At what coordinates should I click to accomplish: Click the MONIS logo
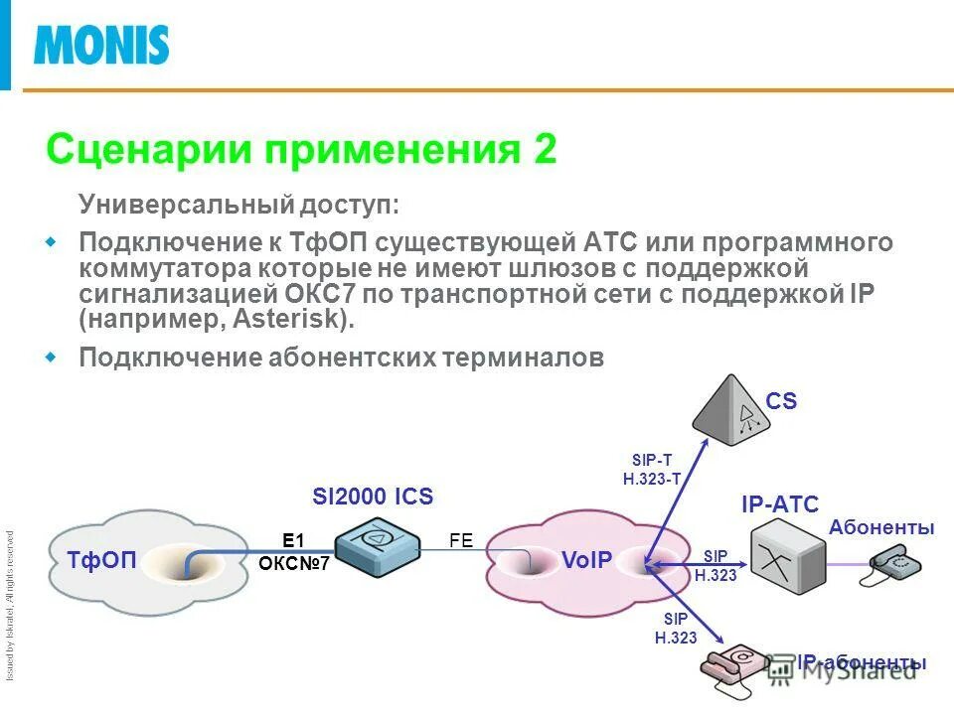coord(101,45)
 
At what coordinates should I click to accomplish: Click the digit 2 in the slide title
coord(545,150)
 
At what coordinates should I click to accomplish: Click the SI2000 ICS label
coord(373,497)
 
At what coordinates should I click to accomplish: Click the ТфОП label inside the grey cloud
coord(102,559)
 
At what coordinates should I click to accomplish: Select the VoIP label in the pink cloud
coord(586,559)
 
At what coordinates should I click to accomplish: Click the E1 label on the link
coord(292,540)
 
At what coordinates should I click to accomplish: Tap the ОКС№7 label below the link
coord(293,563)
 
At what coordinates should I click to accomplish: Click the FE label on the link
coord(461,540)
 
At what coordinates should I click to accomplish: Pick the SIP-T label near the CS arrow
coord(652,459)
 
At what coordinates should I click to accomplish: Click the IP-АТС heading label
coord(779,504)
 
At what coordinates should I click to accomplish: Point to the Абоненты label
coord(880,527)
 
